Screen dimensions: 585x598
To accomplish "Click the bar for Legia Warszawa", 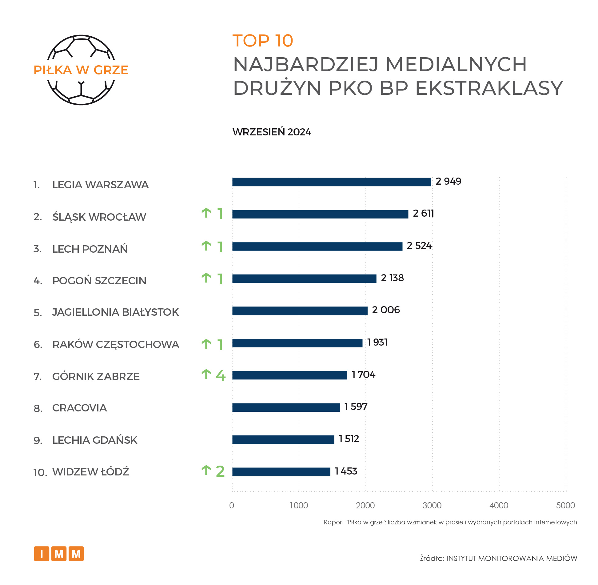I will coord(331,182).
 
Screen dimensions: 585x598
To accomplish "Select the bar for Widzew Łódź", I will coord(281,472).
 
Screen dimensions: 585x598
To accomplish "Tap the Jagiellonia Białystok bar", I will coord(300,311).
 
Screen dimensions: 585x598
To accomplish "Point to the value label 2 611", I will coord(423,213).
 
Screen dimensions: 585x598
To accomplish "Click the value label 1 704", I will coord(363,375).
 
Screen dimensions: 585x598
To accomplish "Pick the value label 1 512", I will coord(349,439).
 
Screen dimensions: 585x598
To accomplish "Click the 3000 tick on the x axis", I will coord(432,505).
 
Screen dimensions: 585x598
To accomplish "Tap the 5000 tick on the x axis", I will coord(565,505).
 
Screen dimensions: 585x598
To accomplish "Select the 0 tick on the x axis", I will coord(232,505).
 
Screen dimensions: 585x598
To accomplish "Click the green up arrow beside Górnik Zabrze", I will coord(206,374).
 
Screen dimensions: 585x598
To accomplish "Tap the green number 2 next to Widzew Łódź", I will coord(220,471).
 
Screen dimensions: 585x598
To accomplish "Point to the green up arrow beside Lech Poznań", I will coord(206,246).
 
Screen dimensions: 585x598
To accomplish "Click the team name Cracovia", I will coord(79,408).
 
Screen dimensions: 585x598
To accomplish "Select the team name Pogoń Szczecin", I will coord(99,281).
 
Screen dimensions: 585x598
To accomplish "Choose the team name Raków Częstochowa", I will coord(115,344).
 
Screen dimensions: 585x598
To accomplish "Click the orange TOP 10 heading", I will coord(263,41).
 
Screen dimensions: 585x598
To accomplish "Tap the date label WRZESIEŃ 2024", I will coord(272,132).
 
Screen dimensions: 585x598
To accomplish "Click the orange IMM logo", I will coord(59,554).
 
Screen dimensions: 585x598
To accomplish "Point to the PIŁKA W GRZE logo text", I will coord(81,70).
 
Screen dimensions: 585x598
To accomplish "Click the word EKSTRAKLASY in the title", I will coord(489,88).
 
